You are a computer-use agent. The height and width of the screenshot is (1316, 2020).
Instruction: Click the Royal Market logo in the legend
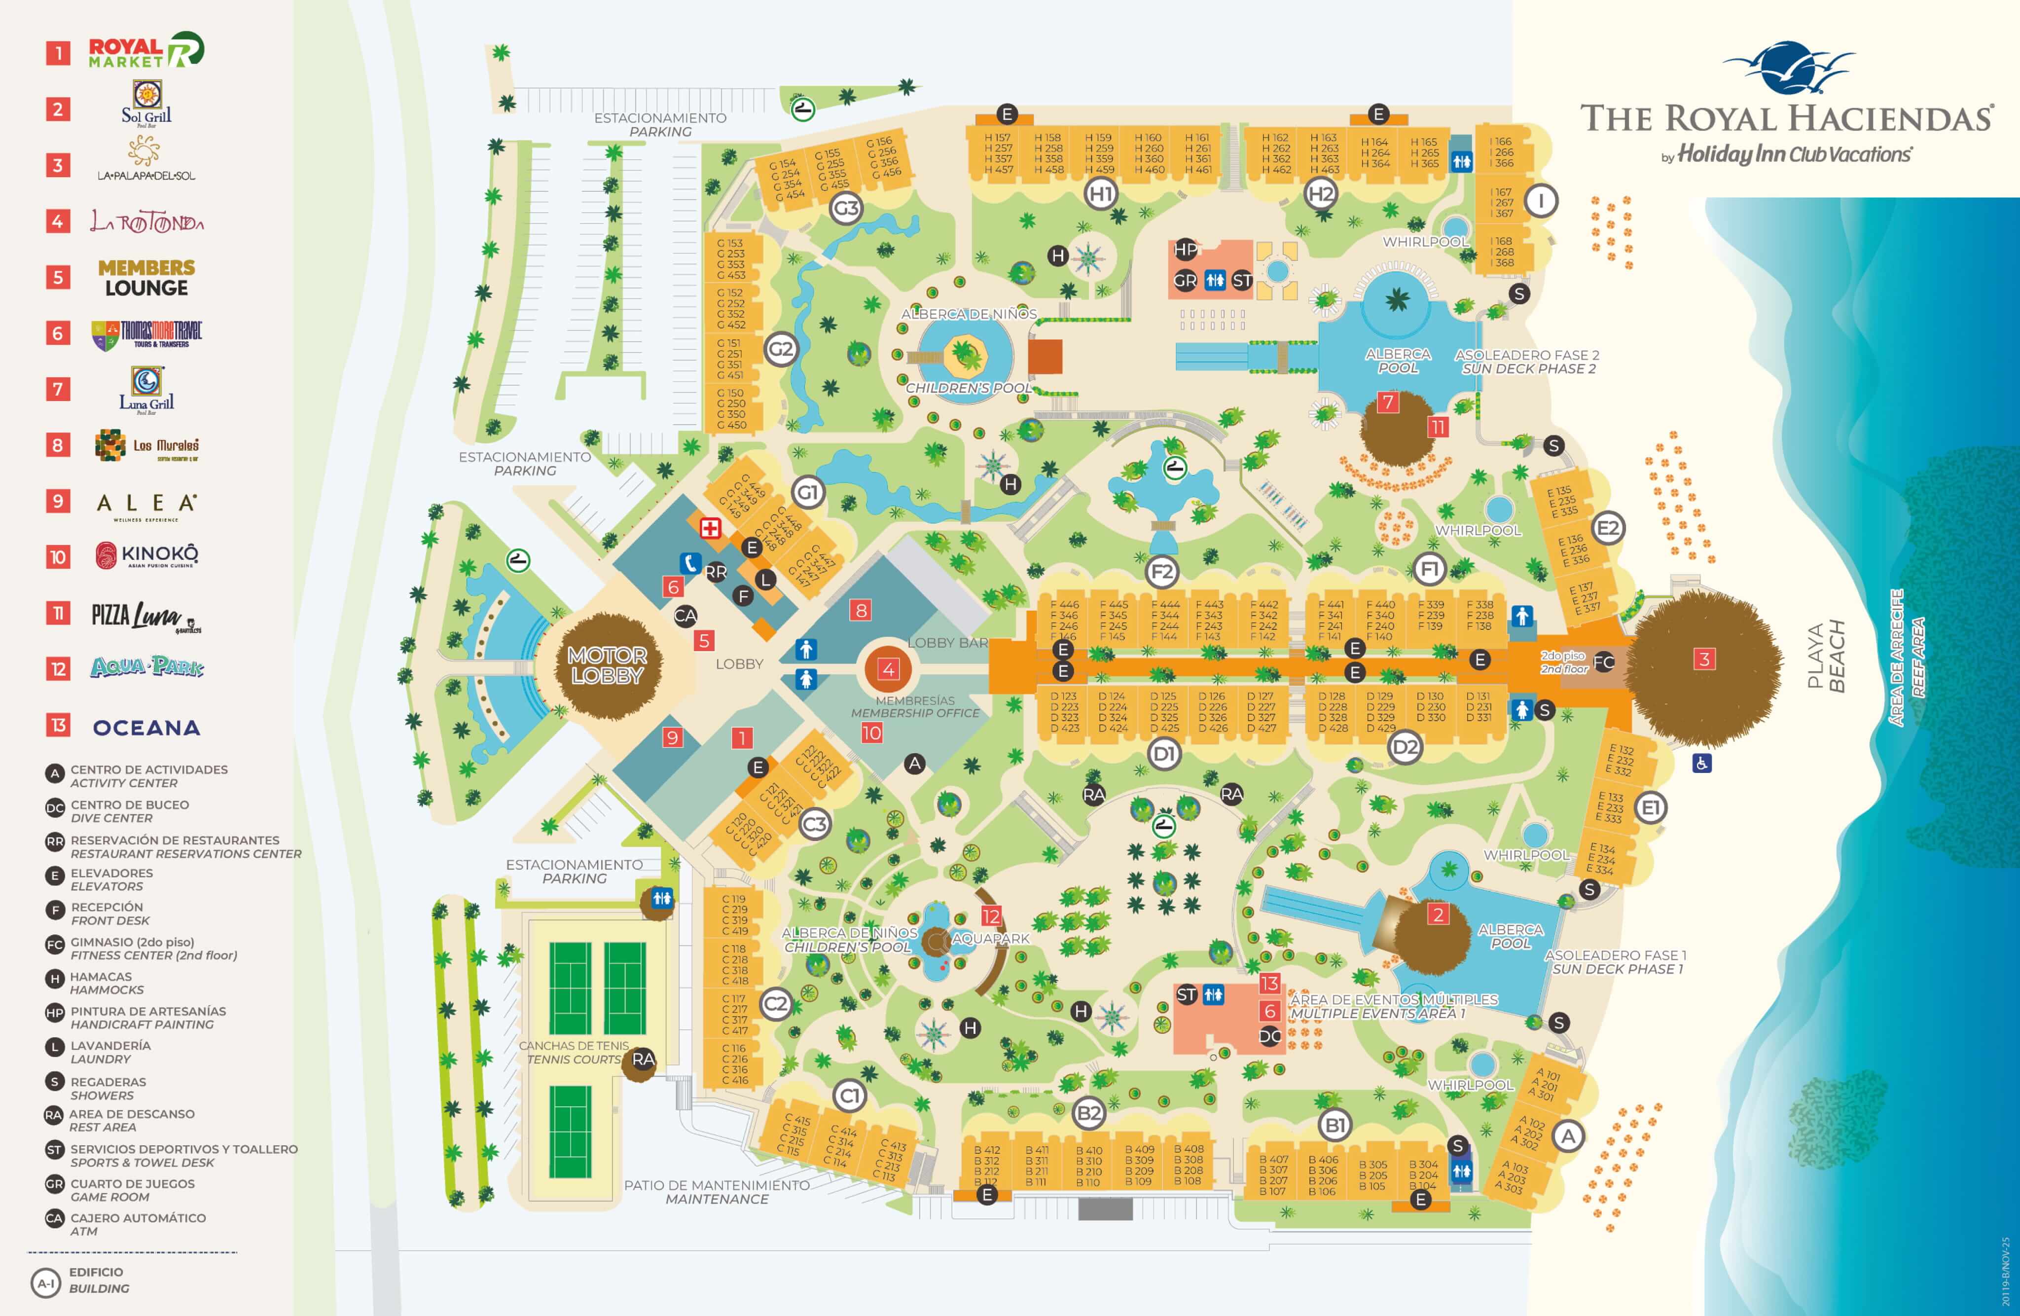click(x=146, y=51)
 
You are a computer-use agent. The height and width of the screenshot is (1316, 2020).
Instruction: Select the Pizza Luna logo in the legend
click(x=146, y=617)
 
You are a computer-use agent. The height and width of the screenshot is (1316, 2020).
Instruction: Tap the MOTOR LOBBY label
click(x=607, y=665)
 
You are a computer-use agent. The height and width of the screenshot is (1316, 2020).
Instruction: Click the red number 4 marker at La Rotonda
click(x=888, y=669)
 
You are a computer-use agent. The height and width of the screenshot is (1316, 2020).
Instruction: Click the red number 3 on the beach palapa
click(x=1703, y=659)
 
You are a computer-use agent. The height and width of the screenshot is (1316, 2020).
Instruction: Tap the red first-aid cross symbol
click(x=710, y=528)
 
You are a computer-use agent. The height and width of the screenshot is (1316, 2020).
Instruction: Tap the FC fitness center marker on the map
click(x=1603, y=662)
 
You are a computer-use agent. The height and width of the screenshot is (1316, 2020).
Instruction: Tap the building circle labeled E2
click(x=1608, y=529)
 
